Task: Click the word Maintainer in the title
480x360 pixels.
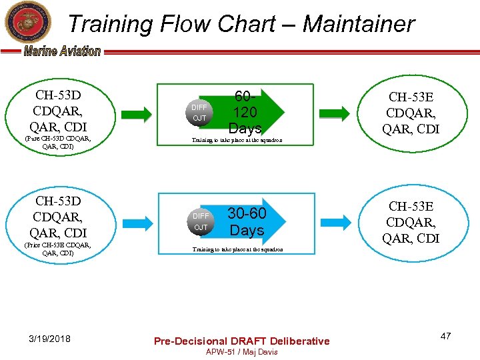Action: click(359, 24)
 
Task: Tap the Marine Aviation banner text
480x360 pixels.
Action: click(62, 51)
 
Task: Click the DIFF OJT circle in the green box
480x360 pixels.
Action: click(199, 113)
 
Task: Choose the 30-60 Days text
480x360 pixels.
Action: click(247, 221)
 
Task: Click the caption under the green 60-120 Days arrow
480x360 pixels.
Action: click(237, 141)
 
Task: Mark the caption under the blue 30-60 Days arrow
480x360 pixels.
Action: click(237, 249)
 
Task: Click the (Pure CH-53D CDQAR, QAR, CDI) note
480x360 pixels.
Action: click(57, 143)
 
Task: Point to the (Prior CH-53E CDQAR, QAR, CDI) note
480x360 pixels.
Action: click(57, 249)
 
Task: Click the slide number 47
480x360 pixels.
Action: click(445, 337)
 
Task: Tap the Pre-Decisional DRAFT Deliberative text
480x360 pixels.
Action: click(241, 341)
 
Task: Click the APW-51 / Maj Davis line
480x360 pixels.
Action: click(241, 352)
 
